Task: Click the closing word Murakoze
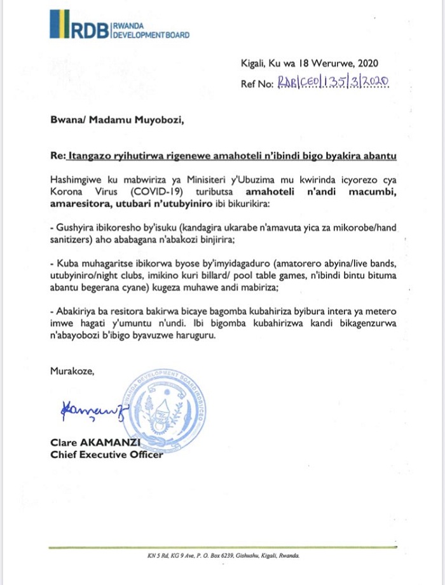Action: point(72,372)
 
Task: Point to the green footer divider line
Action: point(222,548)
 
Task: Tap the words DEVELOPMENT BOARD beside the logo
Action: point(151,35)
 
